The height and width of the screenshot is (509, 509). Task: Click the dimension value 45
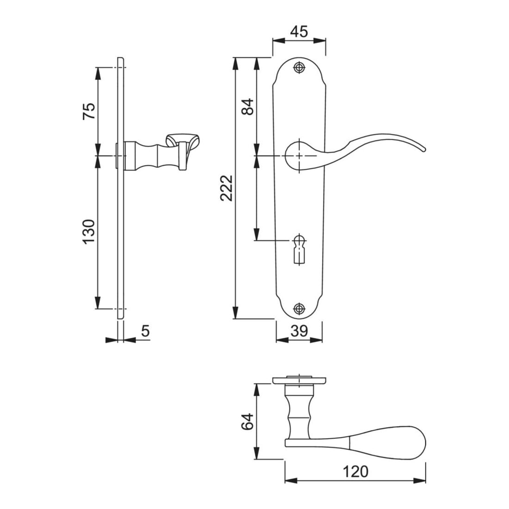pyautogui.click(x=299, y=32)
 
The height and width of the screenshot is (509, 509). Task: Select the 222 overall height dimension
pyautogui.click(x=227, y=188)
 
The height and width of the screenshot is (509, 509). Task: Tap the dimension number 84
pyautogui.click(x=248, y=106)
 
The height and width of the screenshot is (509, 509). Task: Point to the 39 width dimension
pyautogui.click(x=299, y=331)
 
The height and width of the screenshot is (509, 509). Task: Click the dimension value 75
pyautogui.click(x=89, y=111)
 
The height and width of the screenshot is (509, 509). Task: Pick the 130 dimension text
pyautogui.click(x=89, y=231)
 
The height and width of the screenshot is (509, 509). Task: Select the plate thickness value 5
pyautogui.click(x=145, y=331)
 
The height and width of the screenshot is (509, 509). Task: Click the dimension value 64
pyautogui.click(x=248, y=422)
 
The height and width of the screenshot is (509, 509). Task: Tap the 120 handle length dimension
pyautogui.click(x=355, y=472)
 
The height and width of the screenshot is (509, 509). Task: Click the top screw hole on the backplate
pyautogui.click(x=299, y=67)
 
